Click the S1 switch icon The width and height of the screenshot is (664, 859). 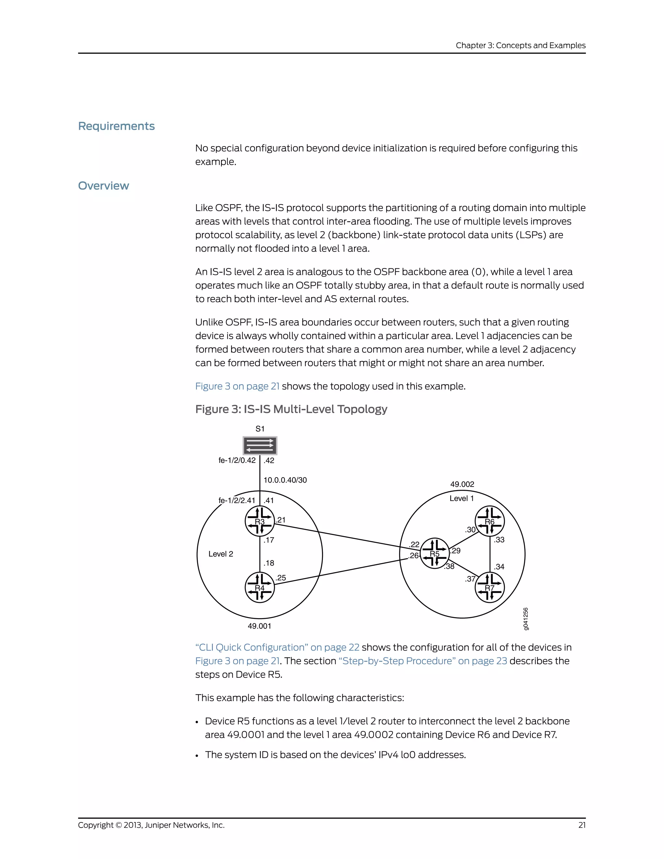[x=260, y=446]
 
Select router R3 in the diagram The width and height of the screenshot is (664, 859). [x=260, y=521]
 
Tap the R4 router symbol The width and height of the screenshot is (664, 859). [x=260, y=588]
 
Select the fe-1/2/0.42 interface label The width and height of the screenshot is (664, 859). [x=237, y=460]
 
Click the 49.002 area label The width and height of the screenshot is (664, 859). [x=462, y=484]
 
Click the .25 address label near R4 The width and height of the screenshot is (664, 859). [x=281, y=578]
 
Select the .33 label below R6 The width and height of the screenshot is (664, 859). [x=499, y=540]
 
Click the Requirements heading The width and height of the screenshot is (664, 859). [x=116, y=126]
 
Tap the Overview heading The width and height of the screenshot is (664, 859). [x=103, y=186]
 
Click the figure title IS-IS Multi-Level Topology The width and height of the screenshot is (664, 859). [x=291, y=409]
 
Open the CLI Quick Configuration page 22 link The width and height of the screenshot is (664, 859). [x=277, y=647]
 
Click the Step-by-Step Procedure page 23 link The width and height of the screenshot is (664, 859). [x=423, y=661]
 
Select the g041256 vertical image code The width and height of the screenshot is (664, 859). [x=526, y=619]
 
